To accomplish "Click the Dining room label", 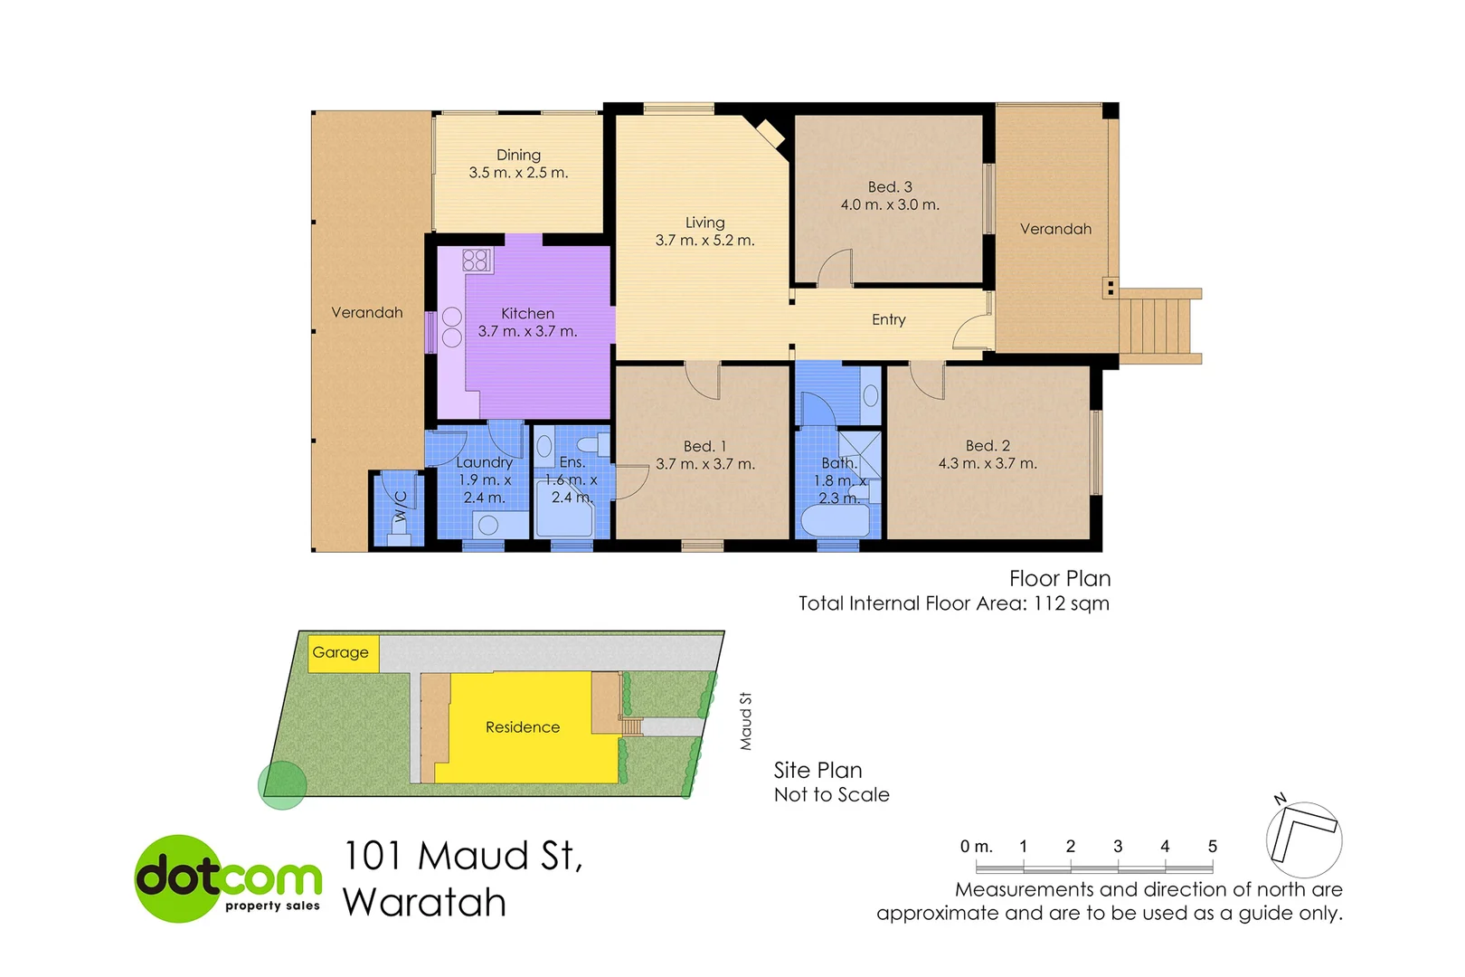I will (518, 156).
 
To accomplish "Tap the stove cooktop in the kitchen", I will (477, 261).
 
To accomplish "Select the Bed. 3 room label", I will (890, 187).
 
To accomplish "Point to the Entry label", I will (888, 319).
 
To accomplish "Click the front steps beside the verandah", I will (1159, 326).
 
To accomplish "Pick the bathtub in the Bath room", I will (836, 522).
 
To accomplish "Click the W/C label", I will (401, 507).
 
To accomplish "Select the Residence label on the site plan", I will (522, 727).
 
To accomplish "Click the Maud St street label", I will (746, 721).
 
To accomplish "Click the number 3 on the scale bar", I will (1118, 847).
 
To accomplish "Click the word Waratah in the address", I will (424, 902).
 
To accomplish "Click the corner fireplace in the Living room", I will (770, 134).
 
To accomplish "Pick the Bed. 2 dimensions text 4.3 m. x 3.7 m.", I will (987, 464).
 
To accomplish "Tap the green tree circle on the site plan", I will (283, 785).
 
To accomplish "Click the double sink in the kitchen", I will (452, 327).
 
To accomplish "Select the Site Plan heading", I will (818, 770).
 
